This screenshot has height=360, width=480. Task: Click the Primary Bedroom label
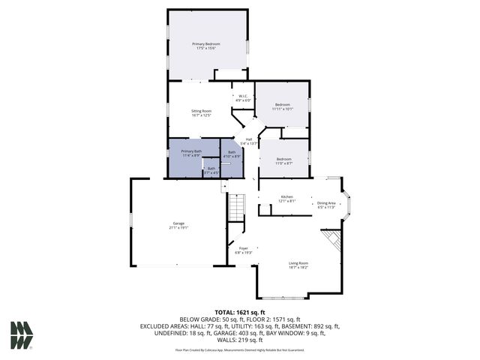(x=206, y=44)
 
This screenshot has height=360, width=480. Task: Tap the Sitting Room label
(x=202, y=111)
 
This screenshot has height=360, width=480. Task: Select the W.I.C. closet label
(x=243, y=96)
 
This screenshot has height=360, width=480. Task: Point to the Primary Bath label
(x=191, y=151)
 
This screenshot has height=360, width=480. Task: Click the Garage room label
(x=178, y=223)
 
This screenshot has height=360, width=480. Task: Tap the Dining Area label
(x=326, y=203)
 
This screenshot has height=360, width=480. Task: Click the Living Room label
(x=298, y=263)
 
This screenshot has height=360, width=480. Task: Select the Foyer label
(x=244, y=248)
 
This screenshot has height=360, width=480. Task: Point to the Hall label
(x=249, y=139)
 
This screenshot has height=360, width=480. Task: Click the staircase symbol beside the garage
(x=237, y=206)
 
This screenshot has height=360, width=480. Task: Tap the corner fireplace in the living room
(x=332, y=242)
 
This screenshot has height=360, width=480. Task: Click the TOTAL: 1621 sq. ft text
(x=240, y=312)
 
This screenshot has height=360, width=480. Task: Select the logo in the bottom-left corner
(x=22, y=334)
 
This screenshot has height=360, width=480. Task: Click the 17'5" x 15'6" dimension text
(x=206, y=48)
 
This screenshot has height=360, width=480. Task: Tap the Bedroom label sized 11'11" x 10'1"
(x=282, y=104)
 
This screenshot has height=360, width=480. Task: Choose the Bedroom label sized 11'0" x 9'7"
(x=283, y=159)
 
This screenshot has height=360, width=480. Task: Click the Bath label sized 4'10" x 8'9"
(x=232, y=152)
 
